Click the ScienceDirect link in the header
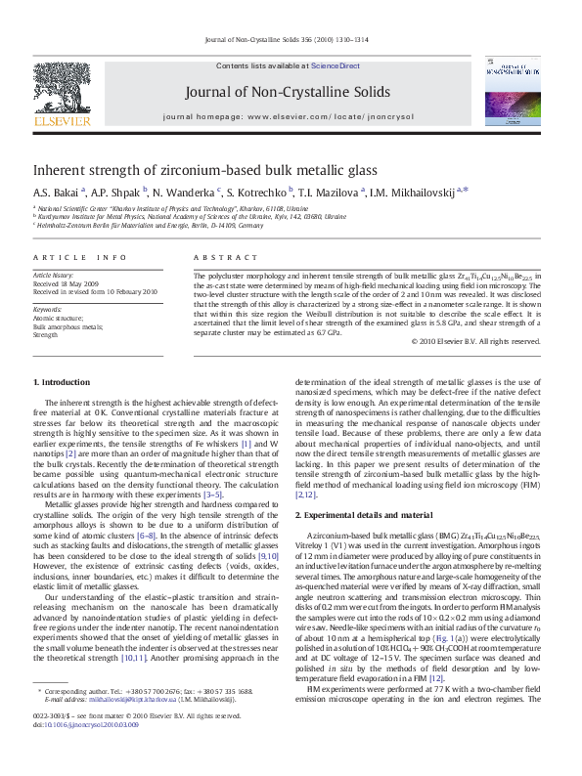pyautogui.click(x=336, y=66)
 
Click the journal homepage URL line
pyautogui.click(x=288, y=115)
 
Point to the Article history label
pyautogui.click(x=54, y=277)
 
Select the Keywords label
pyautogui.click(x=48, y=309)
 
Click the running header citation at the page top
pyautogui.click(x=287, y=41)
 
